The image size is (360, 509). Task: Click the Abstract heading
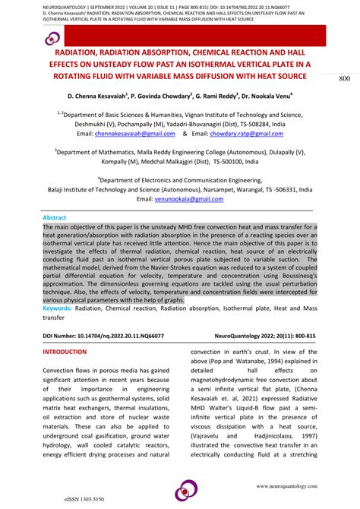(x=58, y=217)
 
